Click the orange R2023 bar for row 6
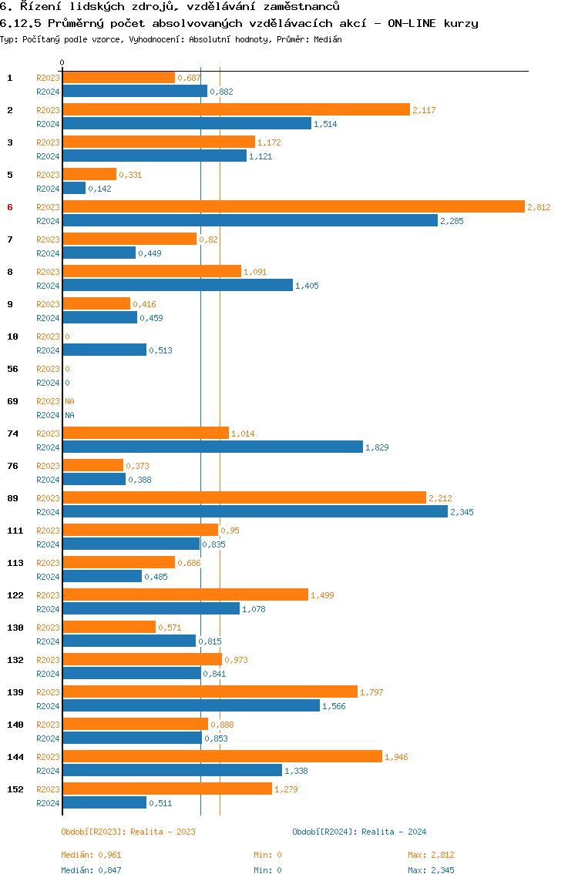coord(294,207)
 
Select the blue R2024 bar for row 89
coord(255,512)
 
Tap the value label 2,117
coord(424,111)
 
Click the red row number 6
coord(9,207)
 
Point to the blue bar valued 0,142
coord(74,189)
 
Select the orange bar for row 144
coord(223,757)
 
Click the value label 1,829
coord(377,447)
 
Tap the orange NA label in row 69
coord(69,401)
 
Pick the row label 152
coord(15,789)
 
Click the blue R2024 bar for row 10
coord(104,350)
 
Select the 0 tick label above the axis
coord(62,62)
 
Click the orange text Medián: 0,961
coord(91,856)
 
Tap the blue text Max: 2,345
coord(431,870)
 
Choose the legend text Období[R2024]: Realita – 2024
coord(359,832)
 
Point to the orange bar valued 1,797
coord(210,691)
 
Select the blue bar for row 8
coord(178,285)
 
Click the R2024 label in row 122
coord(48,609)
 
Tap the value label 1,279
coord(286,789)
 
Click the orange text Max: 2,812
coord(431,856)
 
